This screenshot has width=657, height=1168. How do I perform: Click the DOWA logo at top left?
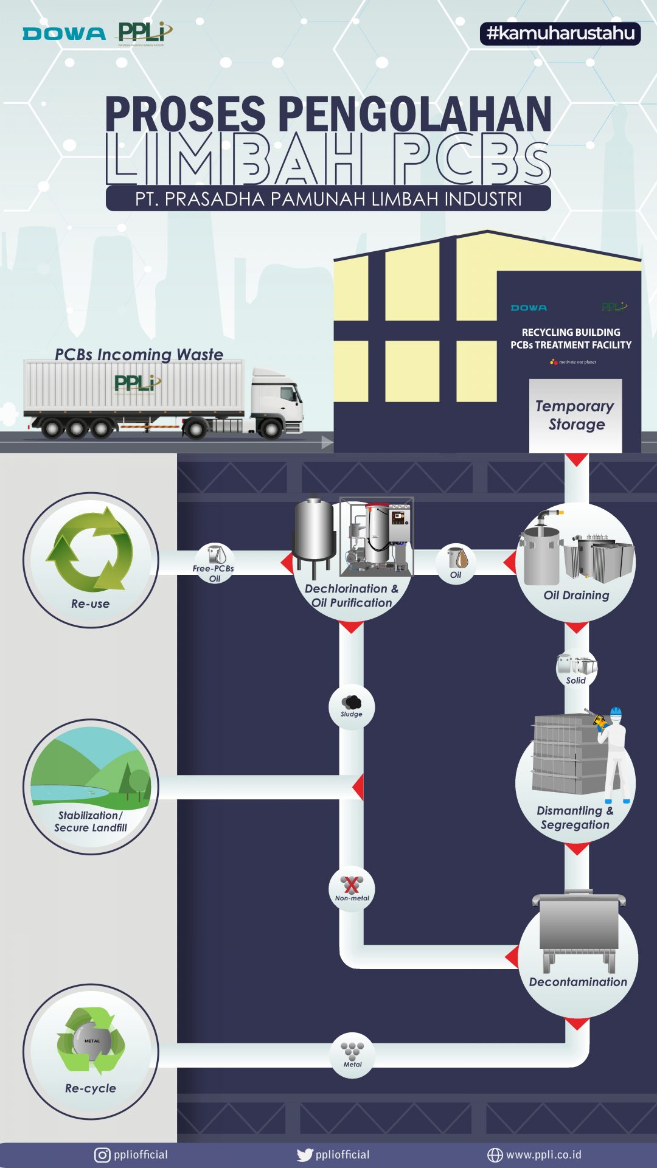[x=64, y=34]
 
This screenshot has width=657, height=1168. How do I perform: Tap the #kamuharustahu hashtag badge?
[x=560, y=33]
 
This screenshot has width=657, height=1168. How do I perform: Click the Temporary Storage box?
[x=575, y=415]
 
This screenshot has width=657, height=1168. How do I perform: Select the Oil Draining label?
[x=576, y=596]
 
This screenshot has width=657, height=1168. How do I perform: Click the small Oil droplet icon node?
[x=456, y=563]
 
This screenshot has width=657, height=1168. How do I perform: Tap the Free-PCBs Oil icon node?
[x=214, y=562]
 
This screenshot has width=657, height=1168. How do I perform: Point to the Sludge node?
[x=352, y=706]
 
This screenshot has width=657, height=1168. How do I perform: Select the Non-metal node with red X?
[x=352, y=889]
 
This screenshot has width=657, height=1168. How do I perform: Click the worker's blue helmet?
[x=616, y=712]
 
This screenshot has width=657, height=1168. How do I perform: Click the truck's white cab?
[x=277, y=401]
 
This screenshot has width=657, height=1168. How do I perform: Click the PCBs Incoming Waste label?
[x=139, y=354]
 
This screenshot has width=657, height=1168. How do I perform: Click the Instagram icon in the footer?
[x=102, y=1155]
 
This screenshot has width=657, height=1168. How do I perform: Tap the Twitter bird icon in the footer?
[x=304, y=1155]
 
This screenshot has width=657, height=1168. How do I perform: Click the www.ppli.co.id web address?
[x=543, y=1155]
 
